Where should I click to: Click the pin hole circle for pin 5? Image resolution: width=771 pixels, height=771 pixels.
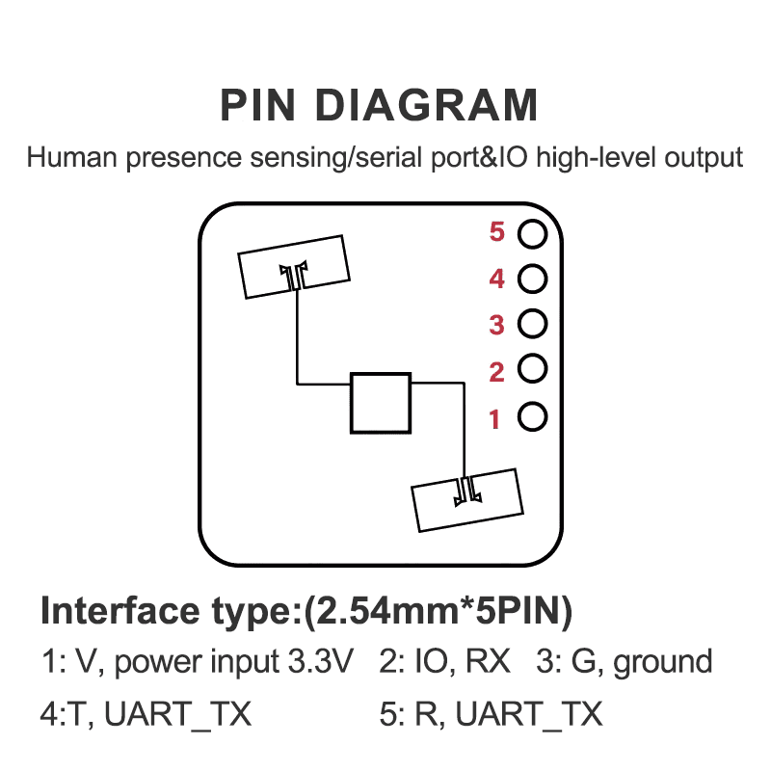532,233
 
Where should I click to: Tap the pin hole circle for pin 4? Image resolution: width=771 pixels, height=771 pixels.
532,279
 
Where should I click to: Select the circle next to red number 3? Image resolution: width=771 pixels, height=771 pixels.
532,325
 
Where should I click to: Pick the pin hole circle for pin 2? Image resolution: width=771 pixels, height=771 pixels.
532,369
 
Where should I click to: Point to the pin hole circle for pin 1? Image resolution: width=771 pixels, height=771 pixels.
532,416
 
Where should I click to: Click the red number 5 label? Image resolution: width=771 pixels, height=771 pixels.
497,232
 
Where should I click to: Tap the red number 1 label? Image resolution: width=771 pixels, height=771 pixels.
495,419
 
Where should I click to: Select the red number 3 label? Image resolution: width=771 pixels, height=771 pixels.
497,325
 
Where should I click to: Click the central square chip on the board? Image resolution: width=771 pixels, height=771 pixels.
381,402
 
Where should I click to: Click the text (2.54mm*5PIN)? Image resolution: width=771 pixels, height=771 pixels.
439,611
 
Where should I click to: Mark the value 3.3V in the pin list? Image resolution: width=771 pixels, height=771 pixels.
321,662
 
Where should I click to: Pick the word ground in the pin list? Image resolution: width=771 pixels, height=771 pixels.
663,663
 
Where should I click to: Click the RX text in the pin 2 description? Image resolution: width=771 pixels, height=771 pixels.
490,662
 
